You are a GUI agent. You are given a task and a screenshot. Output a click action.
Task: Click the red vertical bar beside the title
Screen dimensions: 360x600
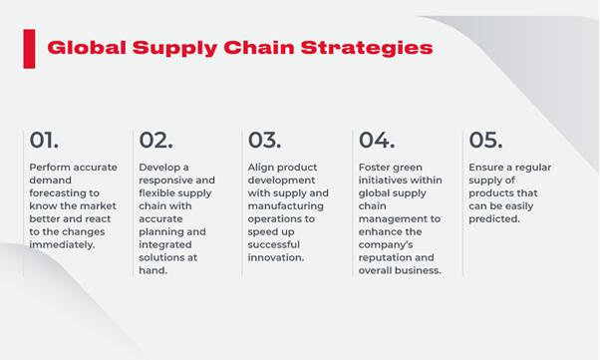(28, 47)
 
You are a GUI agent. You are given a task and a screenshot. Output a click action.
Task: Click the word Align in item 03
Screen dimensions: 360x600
(262, 168)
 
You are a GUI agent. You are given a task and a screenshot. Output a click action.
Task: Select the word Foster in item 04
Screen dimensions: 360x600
(377, 168)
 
